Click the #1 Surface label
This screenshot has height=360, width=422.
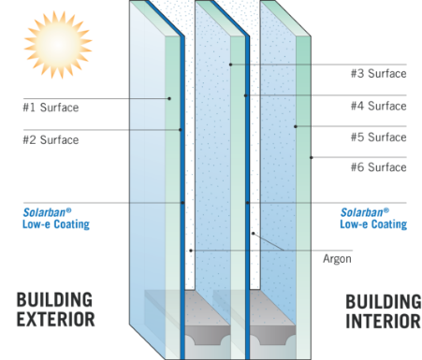[x=51, y=108]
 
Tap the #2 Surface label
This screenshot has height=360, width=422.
[x=51, y=140]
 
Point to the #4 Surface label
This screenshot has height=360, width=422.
[x=378, y=106]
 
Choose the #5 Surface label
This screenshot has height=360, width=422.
[x=378, y=137]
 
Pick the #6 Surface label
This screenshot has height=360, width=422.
[x=378, y=168]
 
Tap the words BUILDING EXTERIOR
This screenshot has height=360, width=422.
[x=55, y=310]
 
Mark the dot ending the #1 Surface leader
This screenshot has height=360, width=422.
[x=169, y=98]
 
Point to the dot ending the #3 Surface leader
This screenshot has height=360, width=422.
[x=229, y=64]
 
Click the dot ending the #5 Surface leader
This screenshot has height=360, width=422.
[x=296, y=126]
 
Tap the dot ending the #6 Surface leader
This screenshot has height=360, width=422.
[x=312, y=156]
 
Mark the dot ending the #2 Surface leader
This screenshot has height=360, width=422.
[x=180, y=130]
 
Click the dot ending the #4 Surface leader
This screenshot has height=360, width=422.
[x=245, y=95]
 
